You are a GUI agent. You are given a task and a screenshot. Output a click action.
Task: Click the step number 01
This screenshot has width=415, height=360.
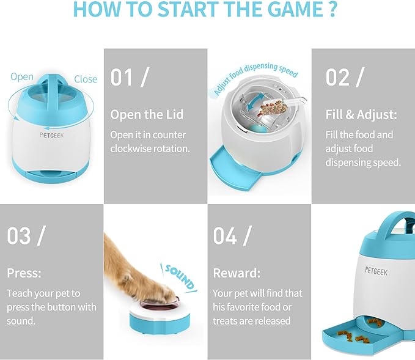(122, 77)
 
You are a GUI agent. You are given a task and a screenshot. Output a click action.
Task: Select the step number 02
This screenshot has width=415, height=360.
(337, 77)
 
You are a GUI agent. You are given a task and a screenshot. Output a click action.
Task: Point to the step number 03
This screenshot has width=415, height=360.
(19, 235)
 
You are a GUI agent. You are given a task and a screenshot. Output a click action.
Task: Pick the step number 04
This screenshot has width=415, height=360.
(225, 235)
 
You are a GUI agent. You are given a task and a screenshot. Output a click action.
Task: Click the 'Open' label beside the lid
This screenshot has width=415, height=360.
(22, 77)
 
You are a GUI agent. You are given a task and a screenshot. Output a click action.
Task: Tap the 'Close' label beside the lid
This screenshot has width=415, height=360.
(86, 79)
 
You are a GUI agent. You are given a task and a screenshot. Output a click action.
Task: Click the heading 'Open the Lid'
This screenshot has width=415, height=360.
(147, 115)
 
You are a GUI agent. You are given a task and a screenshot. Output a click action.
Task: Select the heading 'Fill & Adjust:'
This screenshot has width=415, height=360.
(361, 115)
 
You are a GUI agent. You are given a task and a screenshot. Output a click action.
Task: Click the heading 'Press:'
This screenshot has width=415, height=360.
(24, 273)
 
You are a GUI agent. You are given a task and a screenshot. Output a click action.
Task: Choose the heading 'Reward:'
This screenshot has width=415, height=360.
(237, 273)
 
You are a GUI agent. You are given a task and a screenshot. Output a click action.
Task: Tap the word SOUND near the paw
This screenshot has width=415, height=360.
(180, 277)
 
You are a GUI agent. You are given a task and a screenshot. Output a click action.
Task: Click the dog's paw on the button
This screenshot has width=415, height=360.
(161, 295)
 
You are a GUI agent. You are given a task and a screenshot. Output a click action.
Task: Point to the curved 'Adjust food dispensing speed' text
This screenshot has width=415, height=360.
(255, 77)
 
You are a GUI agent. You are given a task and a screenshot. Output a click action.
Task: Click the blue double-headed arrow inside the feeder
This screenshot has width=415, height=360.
(254, 103)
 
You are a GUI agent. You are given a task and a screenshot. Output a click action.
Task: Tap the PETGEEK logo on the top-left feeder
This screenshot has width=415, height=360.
(51, 135)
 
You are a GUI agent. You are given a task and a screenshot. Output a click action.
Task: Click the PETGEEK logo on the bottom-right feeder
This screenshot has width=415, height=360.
(376, 271)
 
